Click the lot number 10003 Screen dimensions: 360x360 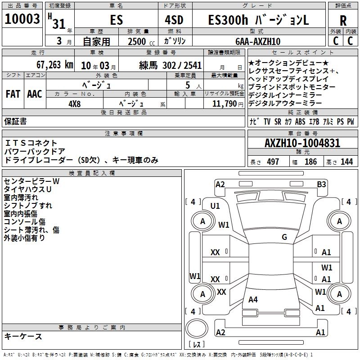tap(22, 19)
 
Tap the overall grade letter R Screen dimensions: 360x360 tap(343, 21)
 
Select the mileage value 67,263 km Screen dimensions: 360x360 tap(55, 65)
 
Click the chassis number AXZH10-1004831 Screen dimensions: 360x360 tap(302, 143)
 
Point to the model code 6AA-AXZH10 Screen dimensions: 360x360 tap(258, 41)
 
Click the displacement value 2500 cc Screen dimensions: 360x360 tap(141, 42)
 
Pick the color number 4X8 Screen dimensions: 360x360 tap(75, 104)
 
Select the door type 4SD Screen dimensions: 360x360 tap(174, 20)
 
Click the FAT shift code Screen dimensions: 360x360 tap(13, 94)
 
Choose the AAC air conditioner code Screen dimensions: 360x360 tap(35, 94)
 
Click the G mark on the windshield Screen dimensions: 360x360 tap(284, 237)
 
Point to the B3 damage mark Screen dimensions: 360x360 tap(321, 184)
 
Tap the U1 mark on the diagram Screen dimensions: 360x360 tap(215, 206)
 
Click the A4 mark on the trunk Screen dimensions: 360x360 tap(253, 300)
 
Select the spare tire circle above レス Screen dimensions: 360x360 tap(197, 328)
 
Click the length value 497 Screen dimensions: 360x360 tap(273, 162)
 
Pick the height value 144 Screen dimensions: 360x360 tap(346, 162)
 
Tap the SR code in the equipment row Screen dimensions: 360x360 tap(278, 121)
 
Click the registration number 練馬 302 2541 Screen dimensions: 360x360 tap(171, 66)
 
